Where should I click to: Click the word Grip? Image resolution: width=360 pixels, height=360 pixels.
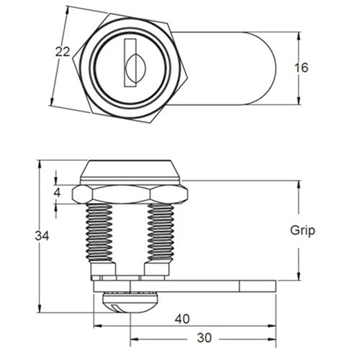[x=303, y=230]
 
